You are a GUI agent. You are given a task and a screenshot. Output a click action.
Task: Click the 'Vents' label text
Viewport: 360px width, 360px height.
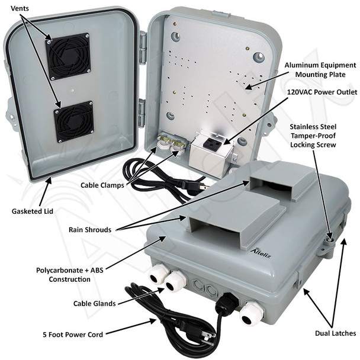pos(20,8)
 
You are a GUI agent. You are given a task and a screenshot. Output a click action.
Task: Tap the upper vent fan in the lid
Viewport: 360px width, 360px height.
pos(68,56)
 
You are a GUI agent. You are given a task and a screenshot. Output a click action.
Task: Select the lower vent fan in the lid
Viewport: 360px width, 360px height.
pos(74,122)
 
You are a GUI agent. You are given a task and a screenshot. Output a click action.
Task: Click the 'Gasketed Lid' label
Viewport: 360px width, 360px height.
pos(33,211)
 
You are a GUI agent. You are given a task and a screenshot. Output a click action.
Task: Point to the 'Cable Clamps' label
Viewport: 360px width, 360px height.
pos(102,185)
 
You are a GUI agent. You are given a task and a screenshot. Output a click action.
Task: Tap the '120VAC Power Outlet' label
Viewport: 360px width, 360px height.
pos(322,92)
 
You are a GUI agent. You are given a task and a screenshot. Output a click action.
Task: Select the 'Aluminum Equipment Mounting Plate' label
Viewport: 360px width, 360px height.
pos(320,70)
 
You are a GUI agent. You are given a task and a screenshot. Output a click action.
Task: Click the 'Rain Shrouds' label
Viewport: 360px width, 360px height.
pos(90,230)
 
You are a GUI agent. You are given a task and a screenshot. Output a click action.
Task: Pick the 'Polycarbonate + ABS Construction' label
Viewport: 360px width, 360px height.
pos(69,275)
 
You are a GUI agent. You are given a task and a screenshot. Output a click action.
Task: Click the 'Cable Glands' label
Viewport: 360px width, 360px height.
pos(94,304)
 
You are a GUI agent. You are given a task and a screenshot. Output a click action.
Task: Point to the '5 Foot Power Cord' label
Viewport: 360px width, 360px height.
pos(73,335)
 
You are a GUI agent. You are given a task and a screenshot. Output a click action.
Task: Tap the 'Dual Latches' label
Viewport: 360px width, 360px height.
pos(336,333)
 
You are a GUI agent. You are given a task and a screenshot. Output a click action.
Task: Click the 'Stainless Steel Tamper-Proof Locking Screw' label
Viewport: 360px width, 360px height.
pos(313,136)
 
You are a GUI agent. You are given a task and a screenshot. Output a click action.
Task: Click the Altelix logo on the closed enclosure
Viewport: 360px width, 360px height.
pos(261,253)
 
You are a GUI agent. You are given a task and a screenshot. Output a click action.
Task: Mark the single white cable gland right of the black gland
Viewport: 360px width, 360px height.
pos(252,314)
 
